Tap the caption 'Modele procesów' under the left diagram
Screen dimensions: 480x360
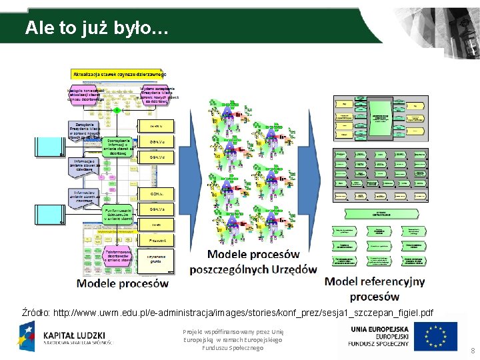point(123,283)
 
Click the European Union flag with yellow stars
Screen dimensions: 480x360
point(435,336)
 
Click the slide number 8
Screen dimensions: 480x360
point(473,351)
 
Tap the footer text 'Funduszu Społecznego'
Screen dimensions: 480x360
point(233,348)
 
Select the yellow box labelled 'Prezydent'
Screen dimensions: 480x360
point(157,239)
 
